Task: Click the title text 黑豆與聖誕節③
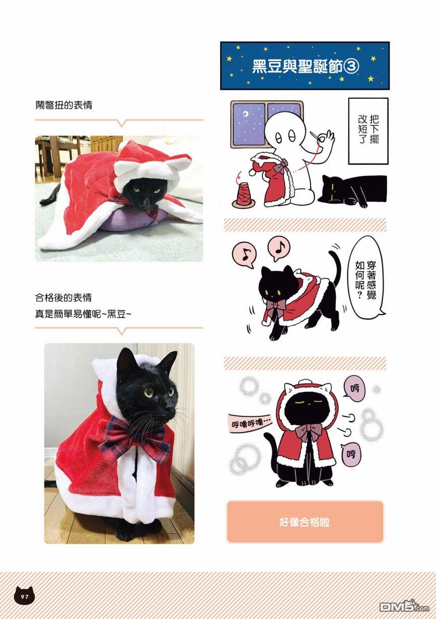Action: pos(305,67)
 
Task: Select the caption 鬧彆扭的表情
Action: pos(64,105)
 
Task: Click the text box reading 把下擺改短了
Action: pos(368,131)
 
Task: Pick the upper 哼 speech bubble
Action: pos(355,389)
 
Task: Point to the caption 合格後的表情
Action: pos(64,297)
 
